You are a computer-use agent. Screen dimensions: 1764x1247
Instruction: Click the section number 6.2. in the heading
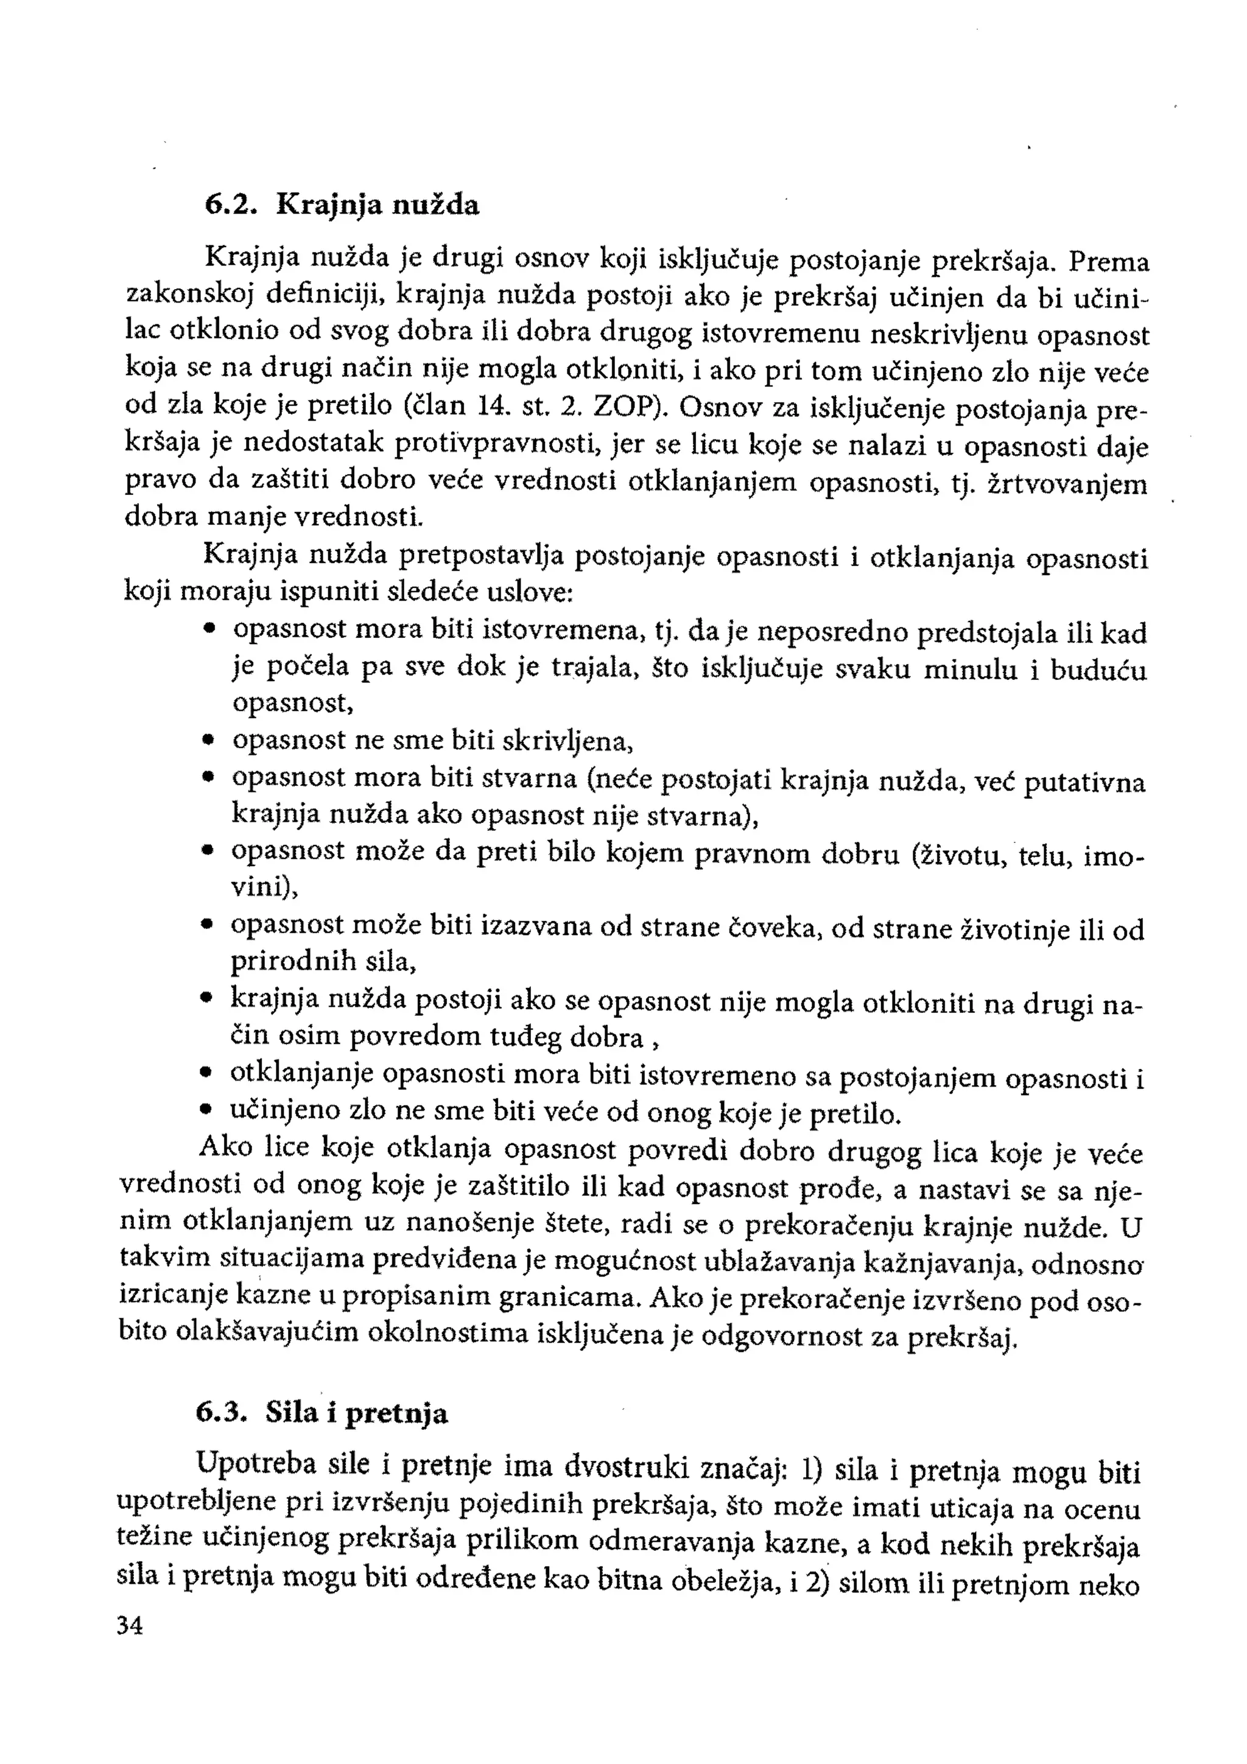tap(229, 205)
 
